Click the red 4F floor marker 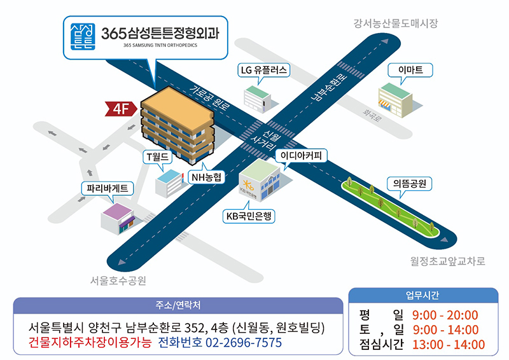[121, 109]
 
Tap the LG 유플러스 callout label [263, 70]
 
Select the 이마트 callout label [410, 70]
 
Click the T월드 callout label [157, 157]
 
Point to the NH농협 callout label [206, 177]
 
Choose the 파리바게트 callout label [107, 189]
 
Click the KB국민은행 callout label [249, 216]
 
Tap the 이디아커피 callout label [301, 156]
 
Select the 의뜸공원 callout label [410, 184]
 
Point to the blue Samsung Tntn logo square [83, 37]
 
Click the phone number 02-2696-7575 [244, 343]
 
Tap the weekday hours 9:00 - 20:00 [445, 315]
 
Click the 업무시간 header [422, 295]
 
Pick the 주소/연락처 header [178, 305]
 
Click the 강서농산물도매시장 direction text [395, 24]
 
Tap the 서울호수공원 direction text [118, 280]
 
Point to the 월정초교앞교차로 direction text [448, 261]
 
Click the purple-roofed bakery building [118, 218]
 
